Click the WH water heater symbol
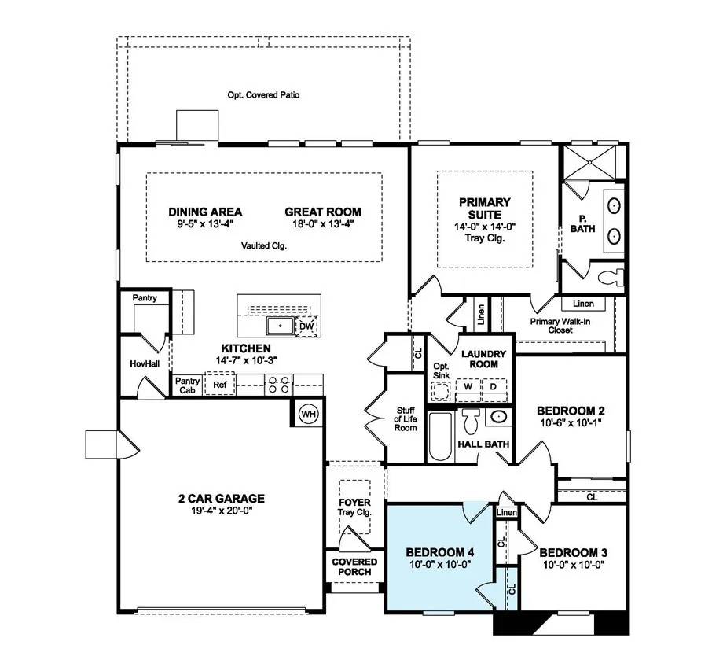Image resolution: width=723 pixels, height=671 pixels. tap(308, 414)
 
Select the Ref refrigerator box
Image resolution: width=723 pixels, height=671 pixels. tap(220, 385)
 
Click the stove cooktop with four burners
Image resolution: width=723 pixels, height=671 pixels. tap(279, 385)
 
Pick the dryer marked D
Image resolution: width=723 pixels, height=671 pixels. tap(494, 387)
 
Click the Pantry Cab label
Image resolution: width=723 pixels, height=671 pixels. tap(186, 385)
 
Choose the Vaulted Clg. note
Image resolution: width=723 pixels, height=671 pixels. tap(264, 245)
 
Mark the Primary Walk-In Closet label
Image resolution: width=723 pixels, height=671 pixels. tap(561, 326)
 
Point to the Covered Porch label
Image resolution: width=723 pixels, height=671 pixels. tap(354, 566)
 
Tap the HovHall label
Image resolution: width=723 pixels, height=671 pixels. tap(145, 364)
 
